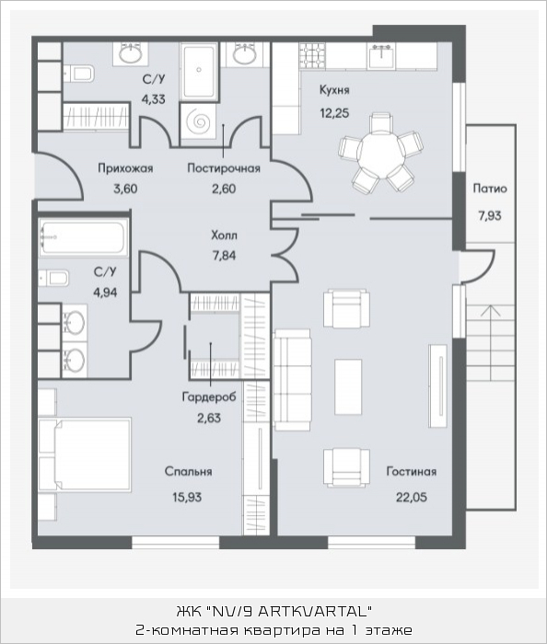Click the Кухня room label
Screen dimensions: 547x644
click(x=334, y=90)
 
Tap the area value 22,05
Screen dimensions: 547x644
click(x=411, y=498)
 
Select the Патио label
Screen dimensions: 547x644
click(x=490, y=189)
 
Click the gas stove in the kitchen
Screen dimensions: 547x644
click(x=312, y=55)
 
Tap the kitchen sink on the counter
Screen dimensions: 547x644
click(x=381, y=57)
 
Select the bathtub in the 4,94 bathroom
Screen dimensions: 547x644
click(x=84, y=237)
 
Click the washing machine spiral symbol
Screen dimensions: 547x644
click(x=198, y=121)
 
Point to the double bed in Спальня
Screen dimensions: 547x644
click(x=84, y=454)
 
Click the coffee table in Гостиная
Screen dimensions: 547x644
click(x=348, y=387)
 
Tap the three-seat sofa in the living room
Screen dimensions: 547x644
click(x=293, y=379)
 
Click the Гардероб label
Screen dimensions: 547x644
click(x=209, y=397)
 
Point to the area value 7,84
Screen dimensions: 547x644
click(x=224, y=256)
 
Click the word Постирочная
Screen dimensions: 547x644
click(x=224, y=168)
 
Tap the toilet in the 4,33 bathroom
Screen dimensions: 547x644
click(x=79, y=74)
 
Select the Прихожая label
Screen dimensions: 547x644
click(x=125, y=168)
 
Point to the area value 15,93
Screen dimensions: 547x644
click(x=187, y=498)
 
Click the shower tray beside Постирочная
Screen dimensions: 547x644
click(x=198, y=74)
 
